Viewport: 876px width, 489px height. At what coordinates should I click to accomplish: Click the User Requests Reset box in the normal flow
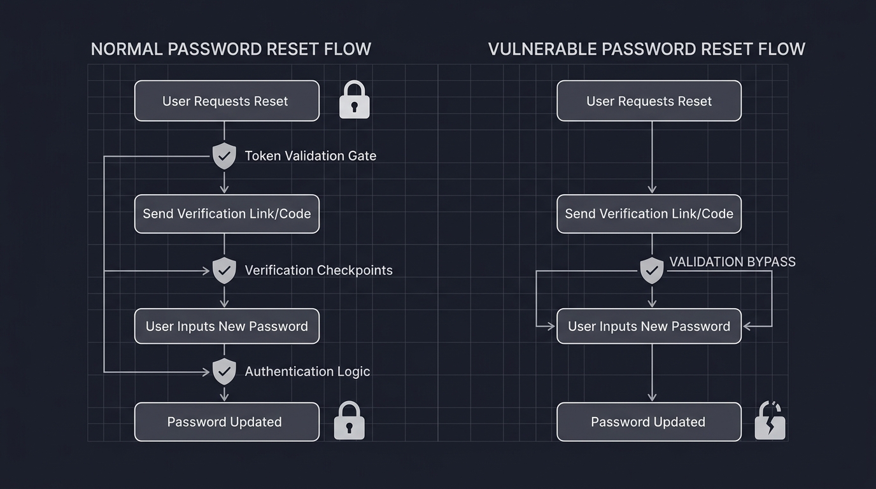click(x=227, y=101)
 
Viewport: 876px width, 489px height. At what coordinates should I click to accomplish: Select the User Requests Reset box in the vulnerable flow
click(x=649, y=101)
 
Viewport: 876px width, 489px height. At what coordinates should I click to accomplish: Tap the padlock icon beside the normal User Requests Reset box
click(x=354, y=100)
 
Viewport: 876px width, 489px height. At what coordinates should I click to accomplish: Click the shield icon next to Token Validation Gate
click(x=224, y=155)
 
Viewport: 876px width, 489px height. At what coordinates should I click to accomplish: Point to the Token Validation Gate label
click(x=310, y=155)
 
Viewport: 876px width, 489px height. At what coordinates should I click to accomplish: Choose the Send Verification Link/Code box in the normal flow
click(x=227, y=214)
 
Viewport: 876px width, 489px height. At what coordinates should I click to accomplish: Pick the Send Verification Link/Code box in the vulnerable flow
click(x=649, y=214)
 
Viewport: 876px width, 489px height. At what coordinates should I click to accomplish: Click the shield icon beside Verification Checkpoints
click(x=224, y=270)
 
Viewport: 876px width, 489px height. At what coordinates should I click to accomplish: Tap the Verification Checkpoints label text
click(x=318, y=270)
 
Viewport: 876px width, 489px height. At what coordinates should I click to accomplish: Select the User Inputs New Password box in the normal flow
click(x=227, y=326)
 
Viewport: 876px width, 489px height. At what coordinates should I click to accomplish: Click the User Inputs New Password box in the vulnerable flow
click(x=649, y=326)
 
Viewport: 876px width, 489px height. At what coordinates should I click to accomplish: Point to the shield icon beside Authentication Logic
click(x=224, y=371)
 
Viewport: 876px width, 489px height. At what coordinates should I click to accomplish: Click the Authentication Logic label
click(x=307, y=371)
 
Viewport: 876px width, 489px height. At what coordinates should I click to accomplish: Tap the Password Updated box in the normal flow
click(x=227, y=422)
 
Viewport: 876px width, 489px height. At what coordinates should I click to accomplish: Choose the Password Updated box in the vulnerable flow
click(x=649, y=422)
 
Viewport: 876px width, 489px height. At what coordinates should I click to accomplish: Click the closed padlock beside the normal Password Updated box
click(x=349, y=421)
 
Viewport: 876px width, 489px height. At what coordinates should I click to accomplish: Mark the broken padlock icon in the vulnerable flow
click(x=770, y=421)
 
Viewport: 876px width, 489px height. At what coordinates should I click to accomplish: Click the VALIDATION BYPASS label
click(x=732, y=262)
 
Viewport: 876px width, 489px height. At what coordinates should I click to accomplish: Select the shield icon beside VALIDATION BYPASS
click(x=651, y=271)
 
